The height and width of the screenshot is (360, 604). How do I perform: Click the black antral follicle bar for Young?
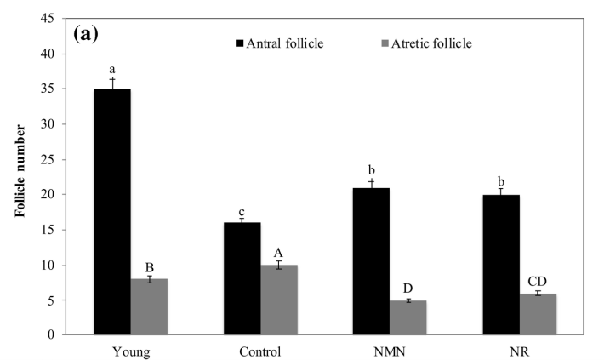coord(111,212)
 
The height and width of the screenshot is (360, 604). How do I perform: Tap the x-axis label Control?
coord(259,351)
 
